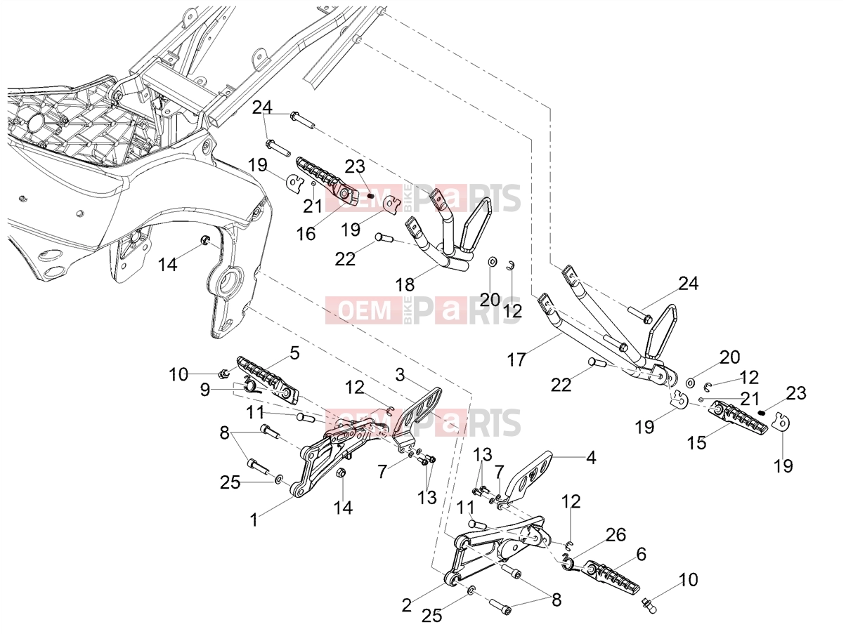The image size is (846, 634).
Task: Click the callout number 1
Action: point(254,520)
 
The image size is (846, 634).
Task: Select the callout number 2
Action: point(407,605)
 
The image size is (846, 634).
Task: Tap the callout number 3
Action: point(400,374)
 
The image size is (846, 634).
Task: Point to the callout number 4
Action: point(591,458)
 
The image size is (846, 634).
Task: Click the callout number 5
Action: point(295,353)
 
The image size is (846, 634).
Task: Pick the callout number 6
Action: point(641,555)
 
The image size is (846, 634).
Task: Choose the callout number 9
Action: point(205,390)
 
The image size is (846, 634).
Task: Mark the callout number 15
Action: point(697,443)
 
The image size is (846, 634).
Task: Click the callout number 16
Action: point(306,234)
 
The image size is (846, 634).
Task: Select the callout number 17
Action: point(516,360)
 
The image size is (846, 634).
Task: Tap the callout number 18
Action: point(405,285)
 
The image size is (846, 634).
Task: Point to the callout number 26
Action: point(616,535)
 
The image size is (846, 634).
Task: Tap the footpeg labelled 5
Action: point(268,379)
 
